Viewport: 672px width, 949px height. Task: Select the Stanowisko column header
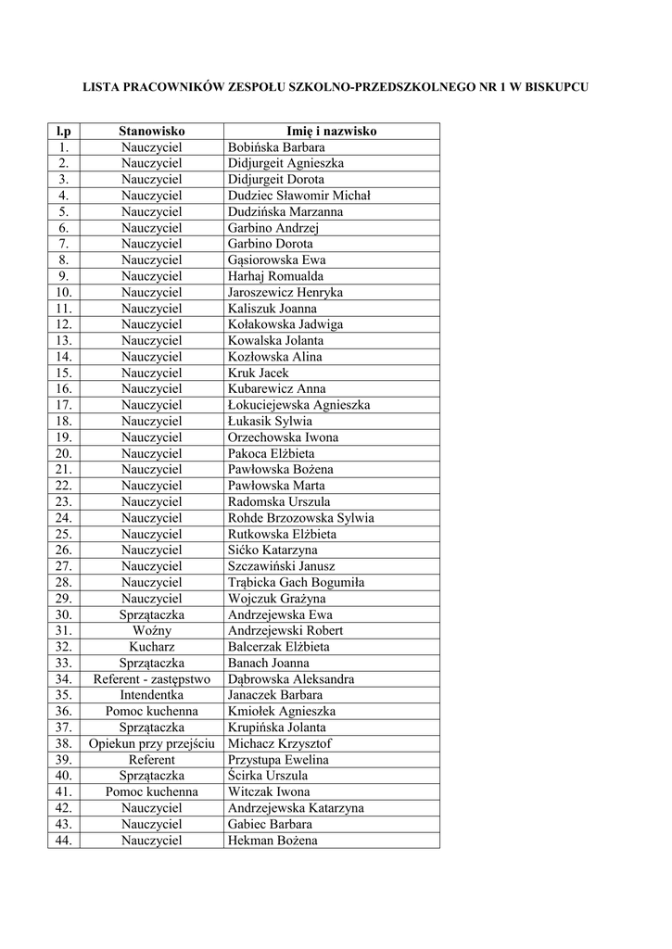(152, 132)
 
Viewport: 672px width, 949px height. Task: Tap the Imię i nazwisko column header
(332, 132)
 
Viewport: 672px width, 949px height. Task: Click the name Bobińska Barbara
(276, 147)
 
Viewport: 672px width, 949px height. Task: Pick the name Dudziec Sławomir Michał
(298, 196)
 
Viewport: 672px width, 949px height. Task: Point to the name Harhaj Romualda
(275, 276)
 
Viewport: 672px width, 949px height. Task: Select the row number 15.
(63, 373)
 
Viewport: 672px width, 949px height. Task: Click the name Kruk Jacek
(259, 373)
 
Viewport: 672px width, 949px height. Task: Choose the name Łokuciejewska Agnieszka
(298, 405)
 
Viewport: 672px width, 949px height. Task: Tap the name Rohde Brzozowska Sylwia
(300, 518)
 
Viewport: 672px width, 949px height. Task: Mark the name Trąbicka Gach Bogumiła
(296, 582)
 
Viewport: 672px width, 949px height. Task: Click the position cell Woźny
(152, 630)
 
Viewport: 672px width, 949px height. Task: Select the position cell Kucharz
(152, 647)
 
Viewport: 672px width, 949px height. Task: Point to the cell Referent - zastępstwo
(152, 679)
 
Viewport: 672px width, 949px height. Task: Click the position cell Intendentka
(152, 695)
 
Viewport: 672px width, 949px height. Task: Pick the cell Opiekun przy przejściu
(152, 743)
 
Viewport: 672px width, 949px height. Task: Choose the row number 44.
(63, 841)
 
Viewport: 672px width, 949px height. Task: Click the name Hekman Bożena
(273, 841)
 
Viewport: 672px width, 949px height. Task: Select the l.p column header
(63, 132)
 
